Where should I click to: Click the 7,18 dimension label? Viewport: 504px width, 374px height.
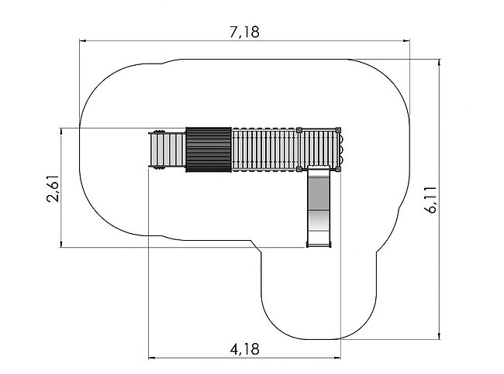coord(244,32)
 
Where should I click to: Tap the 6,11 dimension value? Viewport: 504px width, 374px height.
coord(430,199)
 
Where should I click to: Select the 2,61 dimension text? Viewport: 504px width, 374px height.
coord(53,188)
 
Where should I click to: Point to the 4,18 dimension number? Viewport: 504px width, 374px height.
coord(244,349)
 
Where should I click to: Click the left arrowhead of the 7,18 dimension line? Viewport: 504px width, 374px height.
coord(83,41)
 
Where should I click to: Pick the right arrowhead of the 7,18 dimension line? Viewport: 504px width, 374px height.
coord(406,41)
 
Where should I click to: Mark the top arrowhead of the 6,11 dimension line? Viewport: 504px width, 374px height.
coord(440,63)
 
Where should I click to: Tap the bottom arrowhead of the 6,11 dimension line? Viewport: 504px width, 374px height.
coord(440,335)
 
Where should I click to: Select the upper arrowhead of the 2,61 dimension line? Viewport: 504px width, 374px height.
coord(60,132)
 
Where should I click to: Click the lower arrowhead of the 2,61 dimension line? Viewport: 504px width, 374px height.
coord(60,243)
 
